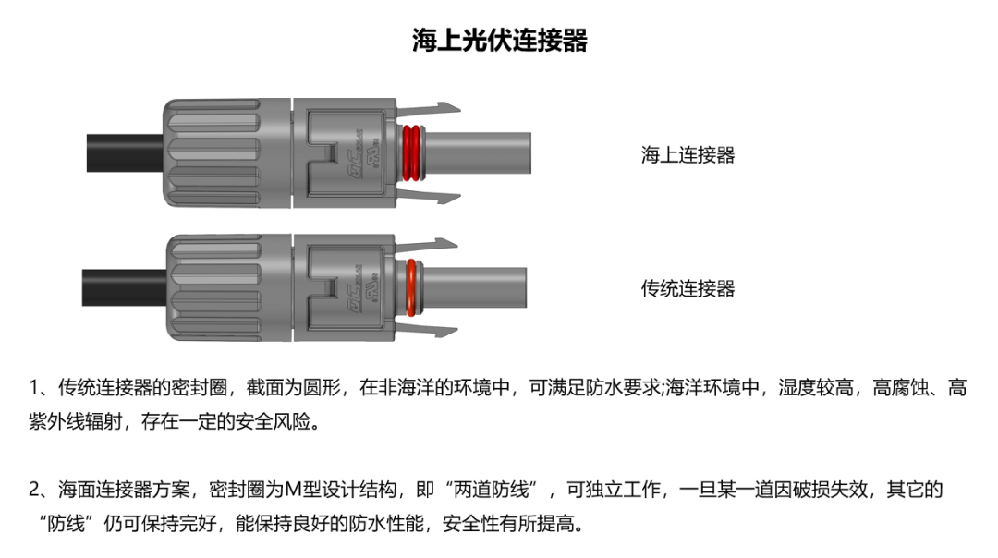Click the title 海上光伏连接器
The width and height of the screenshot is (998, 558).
pyautogui.click(x=500, y=40)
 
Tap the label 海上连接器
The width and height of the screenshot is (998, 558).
pyautogui.click(x=688, y=154)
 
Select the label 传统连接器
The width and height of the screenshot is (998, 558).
pyautogui.click(x=688, y=288)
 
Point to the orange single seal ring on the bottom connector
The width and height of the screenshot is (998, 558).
pyautogui.click(x=411, y=287)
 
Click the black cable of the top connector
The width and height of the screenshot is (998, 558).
pyautogui.click(x=125, y=152)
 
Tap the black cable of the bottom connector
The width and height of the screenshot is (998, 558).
pyautogui.click(x=125, y=287)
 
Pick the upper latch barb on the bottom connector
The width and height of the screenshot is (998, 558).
pyautogui.click(x=426, y=245)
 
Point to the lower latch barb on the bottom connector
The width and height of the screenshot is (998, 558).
pyautogui.click(x=426, y=330)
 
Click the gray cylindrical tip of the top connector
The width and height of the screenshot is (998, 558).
pyautogui.click(x=478, y=152)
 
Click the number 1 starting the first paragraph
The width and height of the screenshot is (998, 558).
pyautogui.click(x=34, y=387)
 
